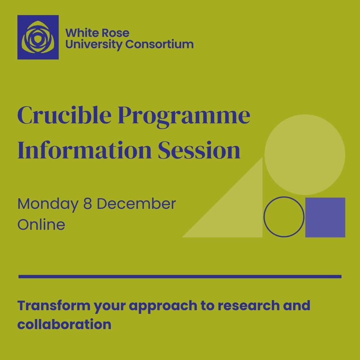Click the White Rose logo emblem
point(38,37)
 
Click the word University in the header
point(94,45)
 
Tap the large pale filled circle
point(305,154)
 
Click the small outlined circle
point(284,217)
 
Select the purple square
point(325,217)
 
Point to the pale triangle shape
point(238,212)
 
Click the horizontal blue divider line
point(180,276)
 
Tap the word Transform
point(54,306)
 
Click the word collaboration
point(64,324)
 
